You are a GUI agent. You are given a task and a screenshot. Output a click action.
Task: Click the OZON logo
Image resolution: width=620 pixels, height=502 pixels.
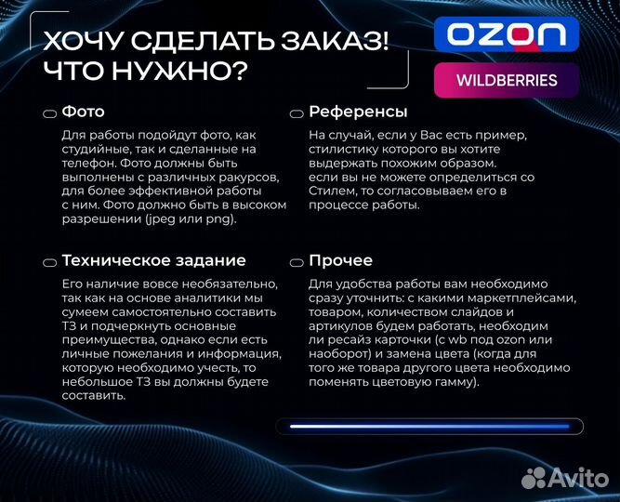(x=507, y=35)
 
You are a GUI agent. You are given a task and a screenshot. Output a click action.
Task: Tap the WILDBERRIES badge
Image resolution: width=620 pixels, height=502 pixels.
(x=507, y=80)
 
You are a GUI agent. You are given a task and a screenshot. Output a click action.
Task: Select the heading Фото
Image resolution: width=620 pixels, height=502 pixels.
(x=83, y=112)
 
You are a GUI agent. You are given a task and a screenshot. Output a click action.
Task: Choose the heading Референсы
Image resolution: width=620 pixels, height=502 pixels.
(x=358, y=112)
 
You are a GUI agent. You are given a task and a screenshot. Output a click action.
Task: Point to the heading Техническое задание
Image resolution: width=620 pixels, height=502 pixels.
(x=153, y=260)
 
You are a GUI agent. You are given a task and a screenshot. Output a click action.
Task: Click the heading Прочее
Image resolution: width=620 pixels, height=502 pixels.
(x=340, y=260)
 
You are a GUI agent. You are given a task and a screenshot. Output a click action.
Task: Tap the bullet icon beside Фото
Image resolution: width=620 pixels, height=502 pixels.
(x=49, y=113)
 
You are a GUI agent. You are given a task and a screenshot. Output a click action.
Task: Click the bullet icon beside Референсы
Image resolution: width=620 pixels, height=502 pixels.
(x=297, y=113)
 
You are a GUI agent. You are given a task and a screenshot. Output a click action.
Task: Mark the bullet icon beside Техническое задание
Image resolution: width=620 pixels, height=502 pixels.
(x=49, y=262)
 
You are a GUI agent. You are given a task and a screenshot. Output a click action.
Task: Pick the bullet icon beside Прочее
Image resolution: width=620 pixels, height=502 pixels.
(x=297, y=262)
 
